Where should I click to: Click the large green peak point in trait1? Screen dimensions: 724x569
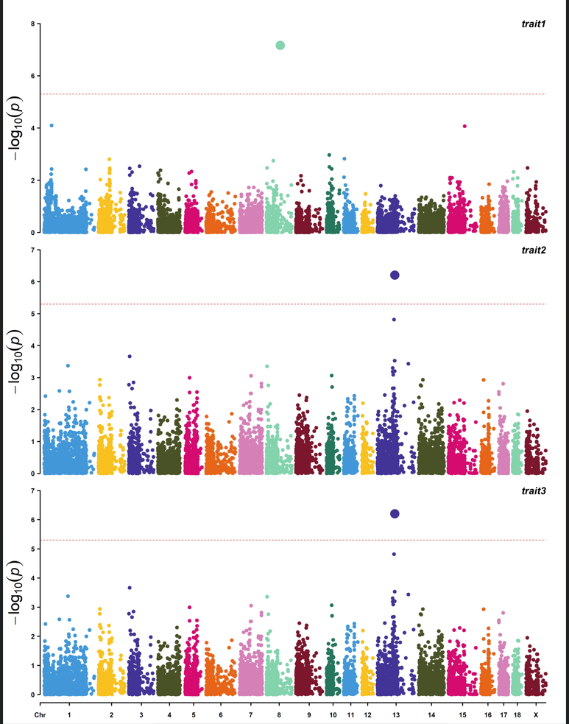pyautogui.click(x=280, y=46)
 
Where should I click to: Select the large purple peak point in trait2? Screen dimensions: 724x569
pyautogui.click(x=395, y=275)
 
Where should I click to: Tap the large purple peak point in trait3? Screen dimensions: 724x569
pyautogui.click(x=395, y=513)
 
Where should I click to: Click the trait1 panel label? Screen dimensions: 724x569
pyautogui.click(x=534, y=25)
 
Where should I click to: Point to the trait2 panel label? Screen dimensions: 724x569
pyautogui.click(x=534, y=250)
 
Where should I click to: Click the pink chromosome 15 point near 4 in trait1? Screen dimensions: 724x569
pyautogui.click(x=464, y=126)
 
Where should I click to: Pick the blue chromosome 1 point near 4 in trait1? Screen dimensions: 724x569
pyautogui.click(x=52, y=125)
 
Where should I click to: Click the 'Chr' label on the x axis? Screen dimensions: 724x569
pyautogui.click(x=41, y=715)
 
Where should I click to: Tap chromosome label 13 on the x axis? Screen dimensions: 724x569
pyautogui.click(x=395, y=715)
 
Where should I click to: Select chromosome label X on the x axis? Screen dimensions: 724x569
pyautogui.click(x=535, y=715)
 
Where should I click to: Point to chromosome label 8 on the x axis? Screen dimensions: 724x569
pyautogui.click(x=279, y=715)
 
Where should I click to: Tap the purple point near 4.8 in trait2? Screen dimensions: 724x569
pyautogui.click(x=394, y=320)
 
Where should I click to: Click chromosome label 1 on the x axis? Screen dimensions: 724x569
pyautogui.click(x=69, y=715)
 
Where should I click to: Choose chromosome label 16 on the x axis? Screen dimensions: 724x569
pyautogui.click(x=487, y=715)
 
